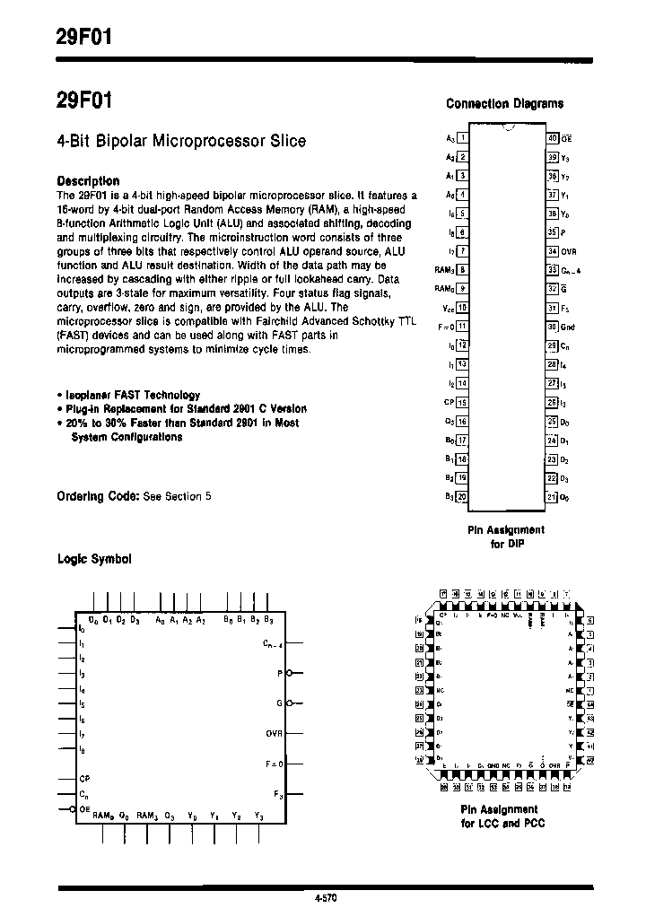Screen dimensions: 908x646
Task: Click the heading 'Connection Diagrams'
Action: point(504,103)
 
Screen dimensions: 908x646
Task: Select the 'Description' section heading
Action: point(88,180)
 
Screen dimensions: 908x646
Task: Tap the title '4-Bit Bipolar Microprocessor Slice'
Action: point(181,141)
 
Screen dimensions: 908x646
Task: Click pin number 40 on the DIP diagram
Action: point(553,138)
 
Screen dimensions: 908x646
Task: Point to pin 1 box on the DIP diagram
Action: point(462,138)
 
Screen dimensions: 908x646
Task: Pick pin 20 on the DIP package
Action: point(462,496)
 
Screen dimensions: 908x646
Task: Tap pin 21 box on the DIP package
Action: point(553,496)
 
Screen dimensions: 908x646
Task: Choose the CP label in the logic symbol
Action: point(84,778)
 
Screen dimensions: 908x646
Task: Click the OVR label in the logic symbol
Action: point(274,733)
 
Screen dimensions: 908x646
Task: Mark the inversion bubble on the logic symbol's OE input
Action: point(74,810)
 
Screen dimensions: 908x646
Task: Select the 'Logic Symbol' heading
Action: point(94,559)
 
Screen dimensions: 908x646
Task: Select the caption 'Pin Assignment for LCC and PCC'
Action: point(502,816)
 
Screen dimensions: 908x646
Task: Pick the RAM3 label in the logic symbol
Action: point(148,816)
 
